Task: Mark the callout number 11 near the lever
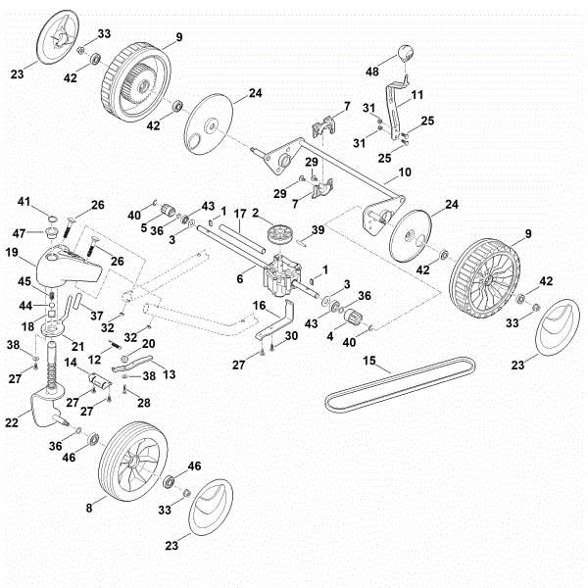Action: coord(416,95)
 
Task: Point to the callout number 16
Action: coord(259,306)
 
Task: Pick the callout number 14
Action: coord(71,364)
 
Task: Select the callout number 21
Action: coord(77,346)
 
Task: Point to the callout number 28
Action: coord(145,402)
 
